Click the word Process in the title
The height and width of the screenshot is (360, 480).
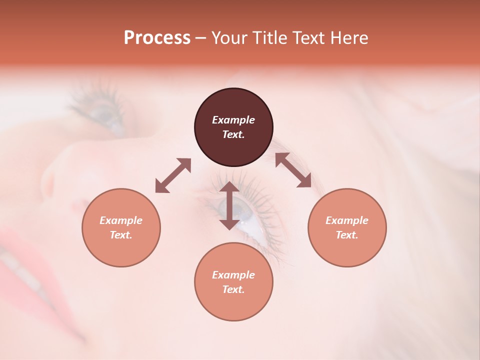click(157, 38)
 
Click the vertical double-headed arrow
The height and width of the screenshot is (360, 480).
click(229, 205)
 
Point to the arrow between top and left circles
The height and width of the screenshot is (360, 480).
click(173, 175)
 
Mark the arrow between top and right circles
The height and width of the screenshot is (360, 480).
click(293, 170)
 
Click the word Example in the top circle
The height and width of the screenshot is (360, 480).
click(233, 120)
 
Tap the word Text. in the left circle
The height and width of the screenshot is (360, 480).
click(121, 235)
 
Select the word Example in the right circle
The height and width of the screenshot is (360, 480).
click(347, 220)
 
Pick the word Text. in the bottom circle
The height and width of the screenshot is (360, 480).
click(233, 289)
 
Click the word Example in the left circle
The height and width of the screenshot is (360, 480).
click(121, 220)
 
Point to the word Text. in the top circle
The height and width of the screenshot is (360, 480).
click(233, 134)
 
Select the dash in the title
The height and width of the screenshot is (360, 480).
click(200, 38)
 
